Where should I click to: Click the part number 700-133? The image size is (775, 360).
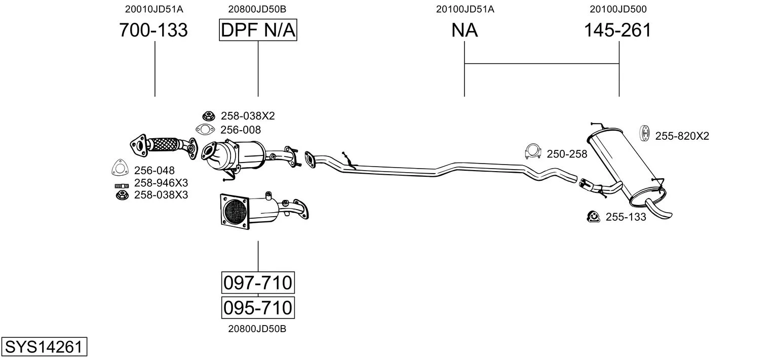tap(153, 30)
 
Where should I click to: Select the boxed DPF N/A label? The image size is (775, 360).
tap(258, 30)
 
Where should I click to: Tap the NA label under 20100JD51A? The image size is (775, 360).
tap(464, 30)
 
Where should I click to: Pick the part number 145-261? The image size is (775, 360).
tap(617, 30)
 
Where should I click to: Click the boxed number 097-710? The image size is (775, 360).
tap(258, 283)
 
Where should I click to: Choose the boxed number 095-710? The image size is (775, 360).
tap(258, 307)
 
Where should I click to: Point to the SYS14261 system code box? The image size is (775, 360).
tap(44, 347)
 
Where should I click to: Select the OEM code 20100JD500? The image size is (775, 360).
tap(617, 9)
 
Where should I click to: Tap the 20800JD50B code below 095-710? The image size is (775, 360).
tap(257, 329)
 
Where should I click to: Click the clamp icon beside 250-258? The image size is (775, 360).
tap(533, 151)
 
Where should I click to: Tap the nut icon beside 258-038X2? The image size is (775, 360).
tap(207, 115)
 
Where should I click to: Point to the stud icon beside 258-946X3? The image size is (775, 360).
tap(122, 185)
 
